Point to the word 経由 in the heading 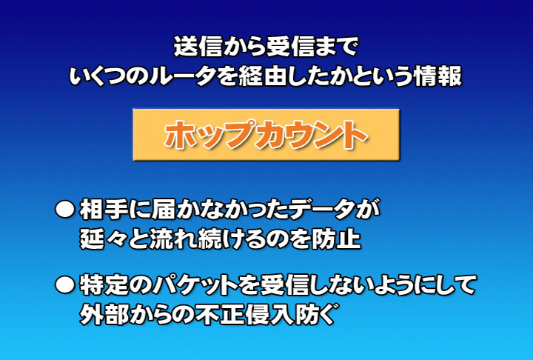pos(263,76)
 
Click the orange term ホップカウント pos(266,135)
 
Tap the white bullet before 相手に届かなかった pos(64,210)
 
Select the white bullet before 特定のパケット pos(64,285)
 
